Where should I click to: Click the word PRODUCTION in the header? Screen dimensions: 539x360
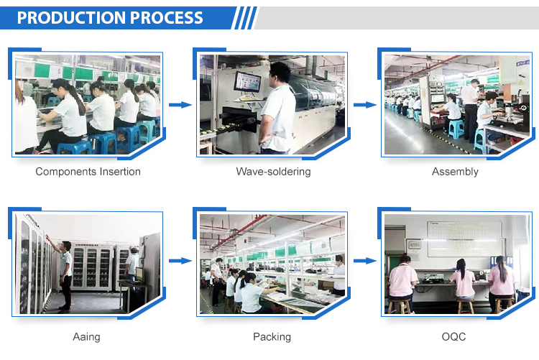tap(71, 17)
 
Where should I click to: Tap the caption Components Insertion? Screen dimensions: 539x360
tap(88, 171)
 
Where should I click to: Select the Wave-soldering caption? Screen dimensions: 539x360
tap(273, 171)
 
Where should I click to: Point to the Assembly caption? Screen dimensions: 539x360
tap(455, 172)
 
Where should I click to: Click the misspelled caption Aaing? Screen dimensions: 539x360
tap(86, 336)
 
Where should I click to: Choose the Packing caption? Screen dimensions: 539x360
tap(272, 336)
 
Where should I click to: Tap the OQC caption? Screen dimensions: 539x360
tap(453, 336)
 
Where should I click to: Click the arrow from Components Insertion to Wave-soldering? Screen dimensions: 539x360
tap(180, 105)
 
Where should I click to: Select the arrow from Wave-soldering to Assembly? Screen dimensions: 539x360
tap(365, 105)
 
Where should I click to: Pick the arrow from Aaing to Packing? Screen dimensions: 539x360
tap(180, 261)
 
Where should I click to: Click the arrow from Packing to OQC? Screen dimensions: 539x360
tap(365, 261)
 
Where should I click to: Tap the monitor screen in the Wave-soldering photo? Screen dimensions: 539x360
tap(247, 83)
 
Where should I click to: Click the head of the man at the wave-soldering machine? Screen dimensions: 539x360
tap(280, 73)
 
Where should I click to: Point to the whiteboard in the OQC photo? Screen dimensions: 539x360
tap(464, 239)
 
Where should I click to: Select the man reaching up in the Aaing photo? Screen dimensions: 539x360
tap(63, 273)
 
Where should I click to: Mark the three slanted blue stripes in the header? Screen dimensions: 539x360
tap(244, 18)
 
